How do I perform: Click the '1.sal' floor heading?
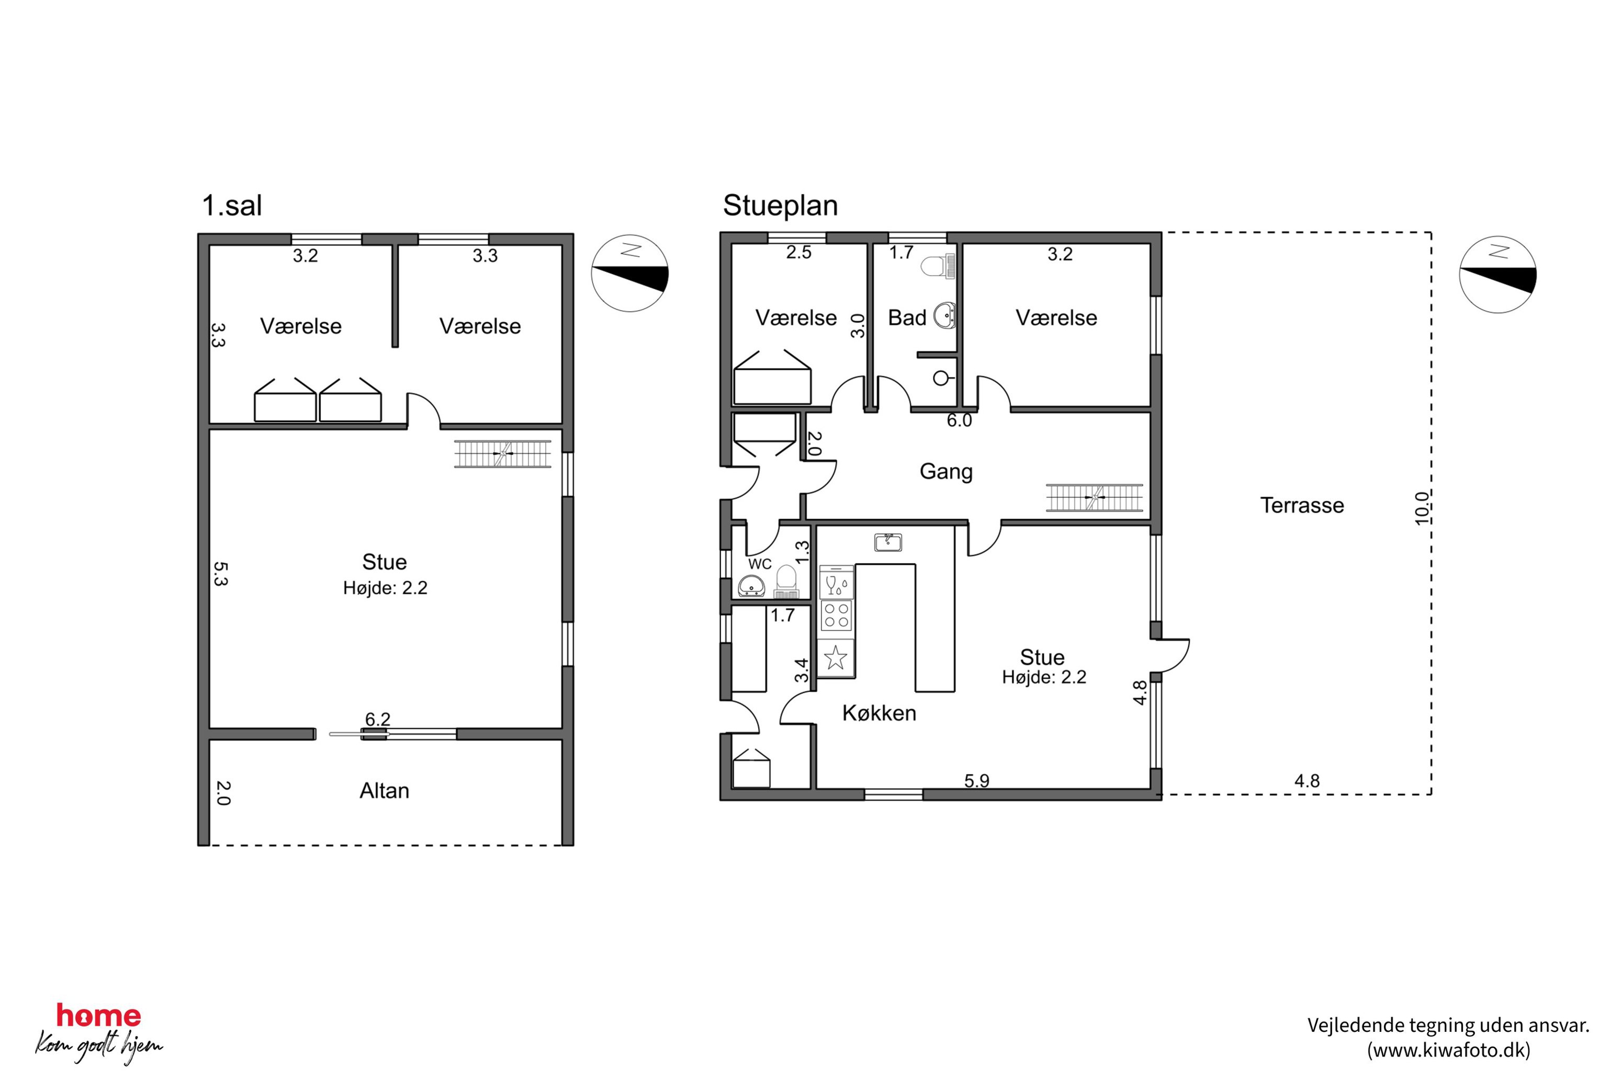coord(232,206)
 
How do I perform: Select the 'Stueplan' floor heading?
coord(780,206)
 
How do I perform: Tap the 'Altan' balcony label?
coord(384,790)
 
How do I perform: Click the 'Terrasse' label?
coord(1302,505)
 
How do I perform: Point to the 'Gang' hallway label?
coord(945,472)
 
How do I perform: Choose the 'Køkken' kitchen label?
coord(879,713)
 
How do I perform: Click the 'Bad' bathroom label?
coord(907,318)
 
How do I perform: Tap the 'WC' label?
coord(760,564)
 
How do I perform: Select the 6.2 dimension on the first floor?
coord(378,719)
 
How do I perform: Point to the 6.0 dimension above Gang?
coord(959,420)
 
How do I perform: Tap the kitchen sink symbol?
coord(888,542)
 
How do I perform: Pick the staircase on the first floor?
coord(502,453)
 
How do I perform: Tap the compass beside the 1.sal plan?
coord(629,274)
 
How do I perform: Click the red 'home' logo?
coord(98,1016)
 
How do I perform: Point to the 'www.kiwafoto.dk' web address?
coord(1449,1051)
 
